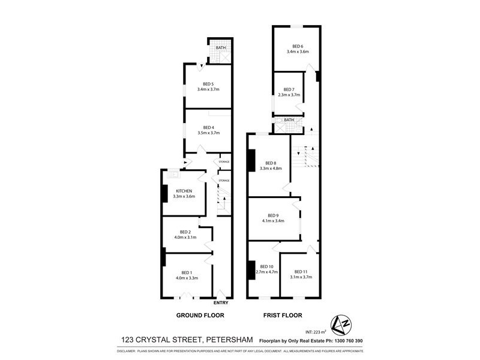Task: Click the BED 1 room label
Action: click(x=185, y=272)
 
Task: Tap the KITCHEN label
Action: click(x=184, y=191)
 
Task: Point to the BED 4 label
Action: click(x=208, y=127)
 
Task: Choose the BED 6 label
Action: click(x=298, y=46)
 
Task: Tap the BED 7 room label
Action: click(x=289, y=89)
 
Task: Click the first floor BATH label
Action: click(x=289, y=120)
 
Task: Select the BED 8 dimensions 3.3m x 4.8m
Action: click(x=271, y=169)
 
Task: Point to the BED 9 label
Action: click(x=273, y=215)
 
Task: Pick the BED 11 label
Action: click(x=301, y=271)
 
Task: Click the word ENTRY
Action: click(x=221, y=302)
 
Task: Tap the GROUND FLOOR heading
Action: click(x=200, y=315)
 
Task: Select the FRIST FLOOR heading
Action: click(x=281, y=315)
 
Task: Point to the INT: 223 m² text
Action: click(x=316, y=331)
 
